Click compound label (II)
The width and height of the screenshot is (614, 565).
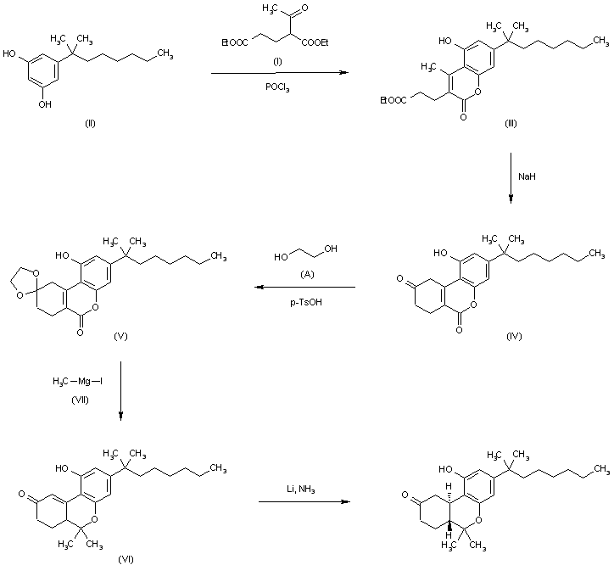pyautogui.click(x=90, y=123)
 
